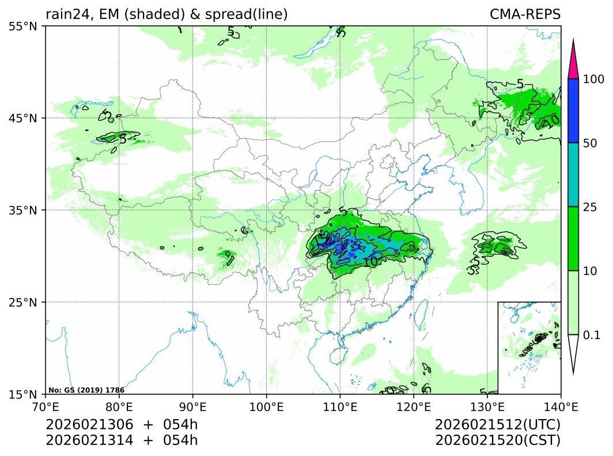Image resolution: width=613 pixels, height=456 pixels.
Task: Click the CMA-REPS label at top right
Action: click(525, 14)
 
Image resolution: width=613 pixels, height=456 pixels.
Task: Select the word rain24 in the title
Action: click(65, 14)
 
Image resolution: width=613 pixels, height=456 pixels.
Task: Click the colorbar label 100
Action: click(593, 79)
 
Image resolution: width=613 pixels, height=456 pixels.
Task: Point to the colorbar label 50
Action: click(590, 143)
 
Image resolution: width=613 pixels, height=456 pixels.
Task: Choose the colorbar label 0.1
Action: click(592, 335)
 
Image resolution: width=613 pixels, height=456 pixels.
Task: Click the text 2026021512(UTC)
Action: click(498, 425)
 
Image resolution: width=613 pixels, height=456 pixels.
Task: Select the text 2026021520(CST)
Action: click(498, 440)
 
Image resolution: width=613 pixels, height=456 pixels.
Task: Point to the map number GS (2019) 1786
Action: click(86, 390)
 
